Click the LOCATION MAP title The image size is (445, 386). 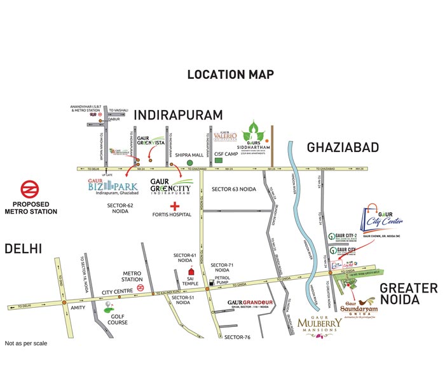point(230,75)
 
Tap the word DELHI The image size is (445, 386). point(24,248)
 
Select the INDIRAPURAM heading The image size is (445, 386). point(179,115)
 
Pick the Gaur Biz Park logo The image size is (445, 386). point(111,189)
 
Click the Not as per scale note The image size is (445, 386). point(26,343)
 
